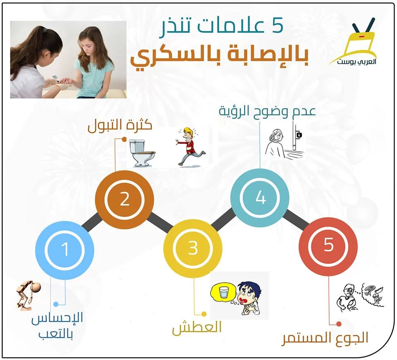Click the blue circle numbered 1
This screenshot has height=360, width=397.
pos(65,250)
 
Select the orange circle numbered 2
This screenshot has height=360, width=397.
pos(124,200)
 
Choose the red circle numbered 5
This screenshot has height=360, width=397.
pos(328,245)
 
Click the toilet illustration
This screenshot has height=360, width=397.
pos(142,153)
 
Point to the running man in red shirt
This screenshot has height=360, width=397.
pos(190,147)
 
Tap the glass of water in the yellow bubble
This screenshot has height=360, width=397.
pos(224,292)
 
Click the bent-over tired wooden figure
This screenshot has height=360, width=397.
pos(28,295)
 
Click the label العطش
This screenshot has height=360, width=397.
pos(197,328)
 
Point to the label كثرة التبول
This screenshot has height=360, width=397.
pos(120,126)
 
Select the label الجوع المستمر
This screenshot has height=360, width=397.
pos(325,338)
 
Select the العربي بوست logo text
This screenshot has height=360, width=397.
pos(356,62)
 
